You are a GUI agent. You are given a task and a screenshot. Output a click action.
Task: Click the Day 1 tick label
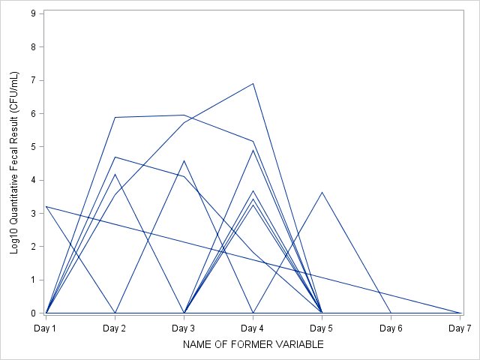(x=46, y=328)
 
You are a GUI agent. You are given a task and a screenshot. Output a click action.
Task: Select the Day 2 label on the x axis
(x=115, y=328)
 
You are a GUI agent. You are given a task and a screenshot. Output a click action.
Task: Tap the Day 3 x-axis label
(x=184, y=328)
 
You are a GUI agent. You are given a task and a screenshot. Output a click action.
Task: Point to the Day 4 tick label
(x=253, y=328)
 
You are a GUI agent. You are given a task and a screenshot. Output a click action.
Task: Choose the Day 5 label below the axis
(x=322, y=328)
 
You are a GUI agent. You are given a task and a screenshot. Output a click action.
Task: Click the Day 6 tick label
(x=391, y=328)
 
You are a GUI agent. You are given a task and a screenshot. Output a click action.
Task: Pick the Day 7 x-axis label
(x=459, y=328)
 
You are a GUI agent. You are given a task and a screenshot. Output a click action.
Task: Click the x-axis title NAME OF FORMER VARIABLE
(x=253, y=344)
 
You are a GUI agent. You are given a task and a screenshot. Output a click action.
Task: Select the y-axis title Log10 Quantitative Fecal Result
(x=14, y=163)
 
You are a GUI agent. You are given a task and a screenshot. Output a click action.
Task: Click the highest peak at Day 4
(x=253, y=83)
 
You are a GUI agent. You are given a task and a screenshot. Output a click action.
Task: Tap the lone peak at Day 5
(x=322, y=192)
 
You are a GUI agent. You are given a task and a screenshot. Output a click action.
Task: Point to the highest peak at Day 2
(x=115, y=117)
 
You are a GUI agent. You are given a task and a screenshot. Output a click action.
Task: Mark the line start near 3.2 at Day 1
(x=46, y=206)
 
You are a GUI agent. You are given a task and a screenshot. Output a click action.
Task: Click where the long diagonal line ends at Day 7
(x=460, y=313)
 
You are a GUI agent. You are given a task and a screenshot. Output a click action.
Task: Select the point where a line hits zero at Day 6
(x=391, y=313)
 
